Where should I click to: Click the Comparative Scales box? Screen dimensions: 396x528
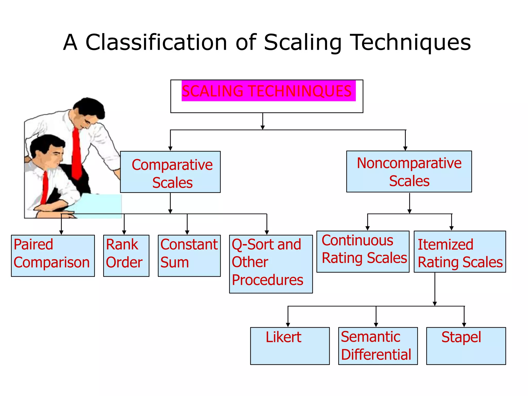(170, 172)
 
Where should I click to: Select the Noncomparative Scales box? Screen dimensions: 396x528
(409, 171)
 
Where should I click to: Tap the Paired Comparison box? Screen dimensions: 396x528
(53, 255)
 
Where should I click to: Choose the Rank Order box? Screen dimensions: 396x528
(126, 255)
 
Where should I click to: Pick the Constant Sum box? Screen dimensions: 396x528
(189, 255)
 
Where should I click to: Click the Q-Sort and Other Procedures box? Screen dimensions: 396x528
(271, 264)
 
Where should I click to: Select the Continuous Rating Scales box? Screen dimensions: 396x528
(363, 251)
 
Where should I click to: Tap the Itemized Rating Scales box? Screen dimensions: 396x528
(460, 252)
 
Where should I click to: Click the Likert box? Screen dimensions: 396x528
(290, 346)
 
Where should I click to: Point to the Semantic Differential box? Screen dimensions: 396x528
(378, 346)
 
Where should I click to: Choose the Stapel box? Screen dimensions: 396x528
(466, 346)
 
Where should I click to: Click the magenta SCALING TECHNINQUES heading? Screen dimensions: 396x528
(268, 91)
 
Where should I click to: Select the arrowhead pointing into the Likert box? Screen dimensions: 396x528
(288, 325)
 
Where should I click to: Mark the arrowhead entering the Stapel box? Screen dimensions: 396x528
(464, 325)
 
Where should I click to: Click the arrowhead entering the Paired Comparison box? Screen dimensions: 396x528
(61, 233)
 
